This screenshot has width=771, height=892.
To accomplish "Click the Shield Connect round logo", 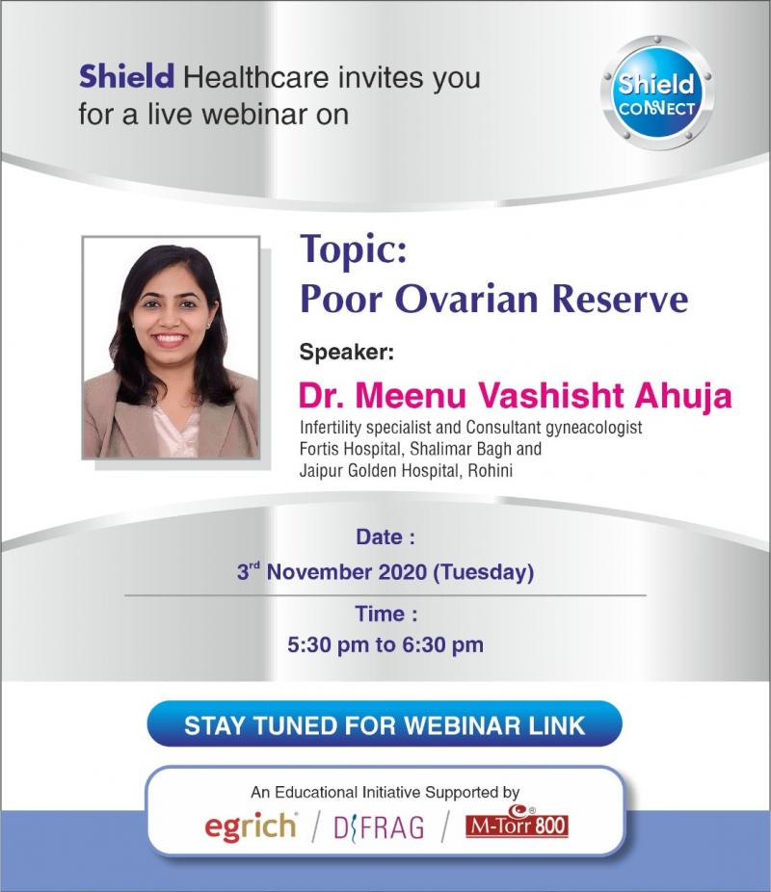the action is (657, 92).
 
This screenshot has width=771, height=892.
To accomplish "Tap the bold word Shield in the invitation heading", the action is (126, 77).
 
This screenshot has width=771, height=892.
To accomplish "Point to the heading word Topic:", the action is (354, 249).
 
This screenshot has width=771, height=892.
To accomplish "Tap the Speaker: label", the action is (347, 353).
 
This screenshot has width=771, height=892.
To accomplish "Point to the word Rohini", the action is (490, 470).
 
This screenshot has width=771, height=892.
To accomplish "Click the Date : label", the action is (385, 537).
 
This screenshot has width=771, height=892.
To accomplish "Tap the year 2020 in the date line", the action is (403, 572).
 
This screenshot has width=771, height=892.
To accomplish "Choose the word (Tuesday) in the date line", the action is (484, 572).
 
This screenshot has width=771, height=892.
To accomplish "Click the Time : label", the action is (385, 614).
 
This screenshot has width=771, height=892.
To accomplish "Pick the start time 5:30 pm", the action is (329, 644).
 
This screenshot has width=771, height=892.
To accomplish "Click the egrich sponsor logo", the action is (251, 826).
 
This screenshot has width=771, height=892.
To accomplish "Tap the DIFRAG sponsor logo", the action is (379, 827).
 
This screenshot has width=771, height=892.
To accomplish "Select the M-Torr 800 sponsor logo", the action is (517, 822).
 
